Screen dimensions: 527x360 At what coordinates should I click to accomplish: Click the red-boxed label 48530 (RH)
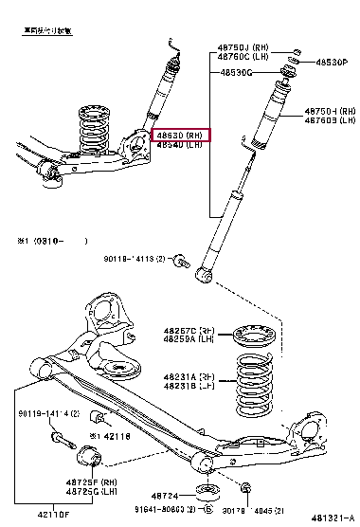180,136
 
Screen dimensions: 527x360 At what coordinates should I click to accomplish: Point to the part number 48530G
236,72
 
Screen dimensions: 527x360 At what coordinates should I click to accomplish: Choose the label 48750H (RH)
326,111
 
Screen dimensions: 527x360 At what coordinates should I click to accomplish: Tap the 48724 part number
163,495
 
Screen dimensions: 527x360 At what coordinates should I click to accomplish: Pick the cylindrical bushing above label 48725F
94,456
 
